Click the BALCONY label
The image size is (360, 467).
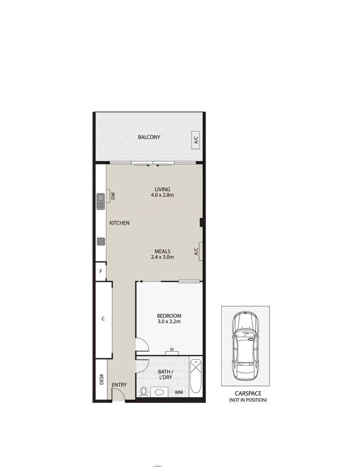coord(149,137)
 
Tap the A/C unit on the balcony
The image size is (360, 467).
coord(196,140)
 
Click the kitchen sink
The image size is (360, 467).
coord(101,201)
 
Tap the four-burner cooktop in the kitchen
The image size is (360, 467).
coord(101,241)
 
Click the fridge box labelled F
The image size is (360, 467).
coord(101,272)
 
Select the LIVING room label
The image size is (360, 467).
coord(162,189)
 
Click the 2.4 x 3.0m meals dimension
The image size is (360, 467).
coord(162,257)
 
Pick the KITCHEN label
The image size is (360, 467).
coord(119,223)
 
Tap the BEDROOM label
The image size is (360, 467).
coord(169,316)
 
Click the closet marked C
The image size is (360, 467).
coord(103,319)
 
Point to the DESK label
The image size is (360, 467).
coord(102,379)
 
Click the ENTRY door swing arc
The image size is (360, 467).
coord(118,394)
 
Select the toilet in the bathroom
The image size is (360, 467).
coord(144,391)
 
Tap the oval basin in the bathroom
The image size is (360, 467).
coord(161,393)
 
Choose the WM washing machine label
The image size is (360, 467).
coord(178,393)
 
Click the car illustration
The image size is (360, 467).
coord(245,346)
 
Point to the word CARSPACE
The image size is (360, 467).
coord(248,393)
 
